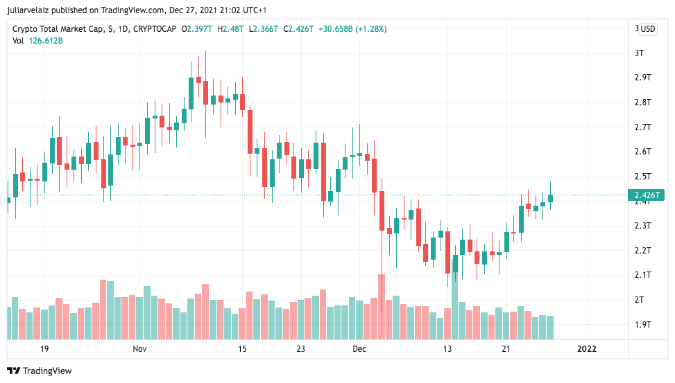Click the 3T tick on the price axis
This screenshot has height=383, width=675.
tap(639, 53)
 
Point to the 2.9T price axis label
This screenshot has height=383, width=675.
tap(642, 78)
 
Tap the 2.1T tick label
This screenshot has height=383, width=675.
tap(642, 275)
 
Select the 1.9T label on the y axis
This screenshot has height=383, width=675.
tap(642, 324)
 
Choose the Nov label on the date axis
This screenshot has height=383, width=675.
tap(140, 348)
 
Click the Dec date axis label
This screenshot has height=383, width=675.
tap(359, 348)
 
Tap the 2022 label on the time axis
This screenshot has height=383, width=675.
tap(588, 348)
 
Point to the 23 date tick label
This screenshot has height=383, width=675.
tap(301, 348)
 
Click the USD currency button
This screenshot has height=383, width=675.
tap(647, 29)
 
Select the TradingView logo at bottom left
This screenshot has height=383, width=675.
tap(40, 371)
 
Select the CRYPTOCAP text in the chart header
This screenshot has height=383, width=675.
tap(155, 29)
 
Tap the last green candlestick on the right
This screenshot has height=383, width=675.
tap(550, 198)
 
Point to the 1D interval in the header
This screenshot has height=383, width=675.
tap(122, 29)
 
